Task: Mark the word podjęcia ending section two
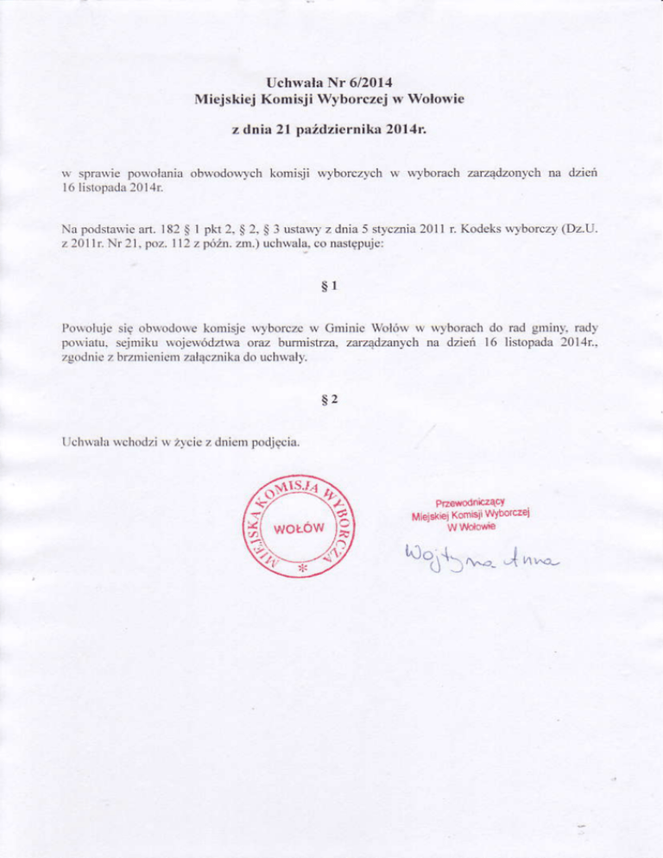(x=274, y=444)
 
